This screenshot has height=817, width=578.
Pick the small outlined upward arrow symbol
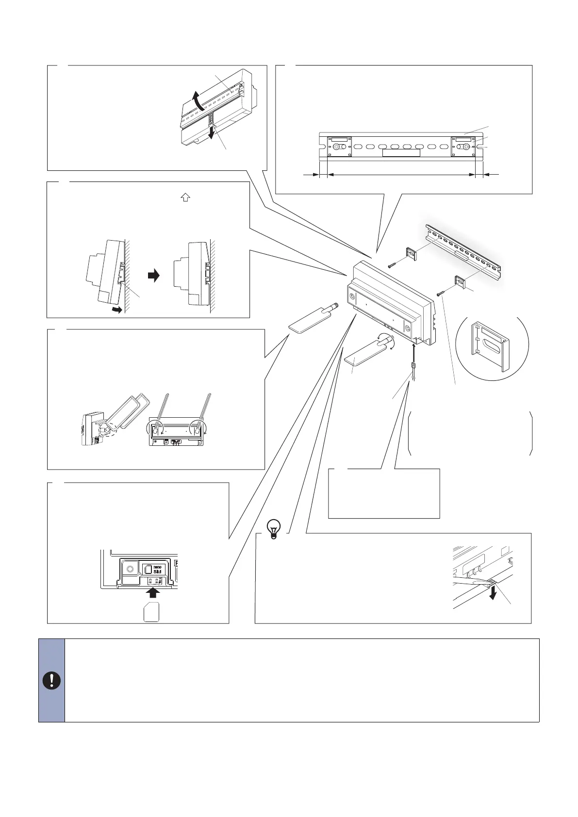185,197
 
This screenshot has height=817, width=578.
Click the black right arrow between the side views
153,276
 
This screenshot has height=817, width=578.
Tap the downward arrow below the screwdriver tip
494,593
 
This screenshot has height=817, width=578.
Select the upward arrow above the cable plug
414,351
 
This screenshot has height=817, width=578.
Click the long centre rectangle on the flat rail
401,153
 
